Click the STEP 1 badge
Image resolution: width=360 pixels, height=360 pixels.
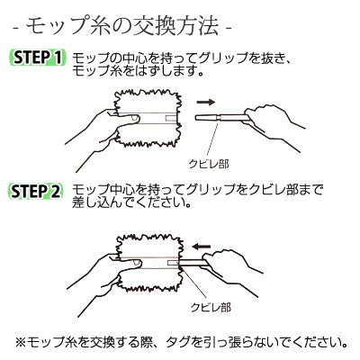click(37, 57)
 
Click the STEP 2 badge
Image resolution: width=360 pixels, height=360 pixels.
click(36, 192)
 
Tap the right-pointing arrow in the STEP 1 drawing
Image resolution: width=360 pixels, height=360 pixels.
click(206, 102)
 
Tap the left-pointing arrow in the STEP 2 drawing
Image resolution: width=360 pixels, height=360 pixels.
click(202, 247)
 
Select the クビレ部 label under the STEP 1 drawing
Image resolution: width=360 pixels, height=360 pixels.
click(209, 164)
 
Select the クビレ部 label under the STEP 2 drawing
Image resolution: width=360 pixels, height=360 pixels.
click(211, 308)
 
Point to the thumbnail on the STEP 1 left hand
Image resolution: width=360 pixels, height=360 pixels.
click(135, 119)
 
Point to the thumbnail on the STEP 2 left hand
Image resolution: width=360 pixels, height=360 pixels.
click(137, 264)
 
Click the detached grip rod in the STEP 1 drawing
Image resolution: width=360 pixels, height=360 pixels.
click(222, 117)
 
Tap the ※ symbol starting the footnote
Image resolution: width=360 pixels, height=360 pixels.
click(21, 341)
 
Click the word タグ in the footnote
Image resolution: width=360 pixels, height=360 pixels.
click(180, 341)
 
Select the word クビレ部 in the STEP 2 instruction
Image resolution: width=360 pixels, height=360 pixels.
click(271, 190)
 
